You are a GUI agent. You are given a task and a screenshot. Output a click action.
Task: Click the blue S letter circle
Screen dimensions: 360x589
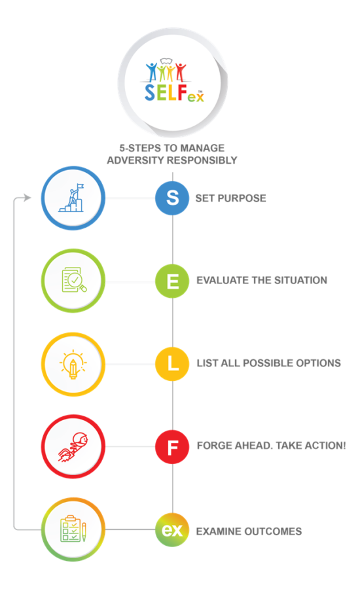pyautogui.click(x=172, y=198)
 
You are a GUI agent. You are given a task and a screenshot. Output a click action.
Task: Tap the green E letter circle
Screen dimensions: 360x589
pyautogui.click(x=172, y=281)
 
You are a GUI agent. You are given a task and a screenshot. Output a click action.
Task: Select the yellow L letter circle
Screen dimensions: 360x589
pyautogui.click(x=172, y=364)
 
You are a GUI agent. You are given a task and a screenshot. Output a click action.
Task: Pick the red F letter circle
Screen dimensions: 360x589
pyautogui.click(x=172, y=446)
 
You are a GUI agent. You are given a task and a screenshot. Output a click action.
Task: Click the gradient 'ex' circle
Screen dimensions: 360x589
pyautogui.click(x=172, y=529)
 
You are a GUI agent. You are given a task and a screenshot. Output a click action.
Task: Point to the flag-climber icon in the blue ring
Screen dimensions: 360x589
pyautogui.click(x=71, y=198)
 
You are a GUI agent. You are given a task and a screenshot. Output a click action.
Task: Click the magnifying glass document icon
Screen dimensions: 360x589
pyautogui.click(x=74, y=280)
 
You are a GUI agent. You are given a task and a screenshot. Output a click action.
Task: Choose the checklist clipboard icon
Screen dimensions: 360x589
pyautogui.click(x=73, y=529)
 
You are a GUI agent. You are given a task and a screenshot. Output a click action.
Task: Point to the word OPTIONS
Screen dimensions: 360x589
pyautogui.click(x=318, y=363)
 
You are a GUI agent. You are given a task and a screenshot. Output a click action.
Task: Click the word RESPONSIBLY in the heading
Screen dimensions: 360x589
pyautogui.click(x=202, y=160)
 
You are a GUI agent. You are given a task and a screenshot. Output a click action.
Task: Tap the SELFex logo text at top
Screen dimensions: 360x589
pyautogui.click(x=174, y=93)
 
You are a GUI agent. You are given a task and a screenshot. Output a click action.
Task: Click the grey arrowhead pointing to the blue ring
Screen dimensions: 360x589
pyautogui.click(x=27, y=198)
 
